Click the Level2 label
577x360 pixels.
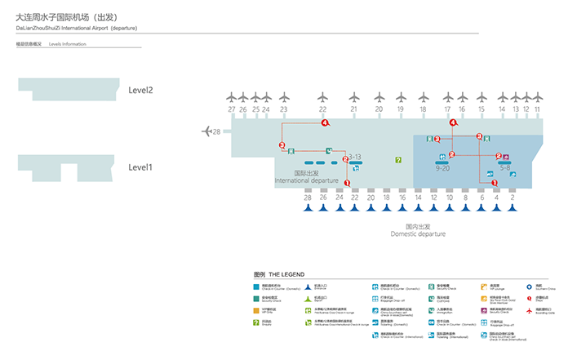coord(140,90)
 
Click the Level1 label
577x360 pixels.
coord(140,167)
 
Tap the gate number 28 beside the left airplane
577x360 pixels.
coord(216,131)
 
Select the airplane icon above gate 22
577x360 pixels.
coord(322,96)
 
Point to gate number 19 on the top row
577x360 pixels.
coord(400,109)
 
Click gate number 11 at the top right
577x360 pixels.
coord(537,109)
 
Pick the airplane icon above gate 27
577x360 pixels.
coord(232,96)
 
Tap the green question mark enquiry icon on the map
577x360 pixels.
coord(398,160)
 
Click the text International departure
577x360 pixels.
coord(306,180)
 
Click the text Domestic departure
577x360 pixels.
coord(418,234)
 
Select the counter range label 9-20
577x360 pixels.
coord(443,168)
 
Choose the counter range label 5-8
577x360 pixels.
coord(506,167)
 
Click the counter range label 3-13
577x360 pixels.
coord(354,155)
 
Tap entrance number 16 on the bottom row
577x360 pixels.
coord(402,198)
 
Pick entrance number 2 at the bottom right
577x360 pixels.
coord(512,198)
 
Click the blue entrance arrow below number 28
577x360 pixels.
coord(308,207)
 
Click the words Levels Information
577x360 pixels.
coord(67,43)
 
